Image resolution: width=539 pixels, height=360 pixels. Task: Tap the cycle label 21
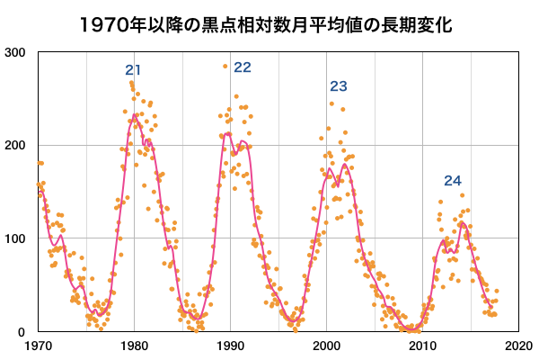click(x=134, y=70)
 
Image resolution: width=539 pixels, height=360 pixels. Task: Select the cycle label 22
click(x=243, y=67)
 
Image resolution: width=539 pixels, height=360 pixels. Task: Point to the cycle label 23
click(x=339, y=86)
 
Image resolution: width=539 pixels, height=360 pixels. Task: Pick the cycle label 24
click(x=453, y=180)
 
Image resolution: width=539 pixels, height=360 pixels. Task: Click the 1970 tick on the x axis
click(x=39, y=346)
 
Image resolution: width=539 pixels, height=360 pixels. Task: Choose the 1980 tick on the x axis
click(x=135, y=346)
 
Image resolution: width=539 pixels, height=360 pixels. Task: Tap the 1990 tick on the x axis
click(x=231, y=346)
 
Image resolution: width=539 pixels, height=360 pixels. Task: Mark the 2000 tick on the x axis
click(x=327, y=346)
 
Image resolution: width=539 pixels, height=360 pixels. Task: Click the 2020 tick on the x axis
click(x=517, y=346)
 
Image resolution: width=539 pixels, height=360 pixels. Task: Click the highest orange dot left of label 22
click(x=225, y=66)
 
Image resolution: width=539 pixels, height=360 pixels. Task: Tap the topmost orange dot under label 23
click(x=331, y=103)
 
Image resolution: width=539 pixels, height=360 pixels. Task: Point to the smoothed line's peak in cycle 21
click(x=136, y=114)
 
